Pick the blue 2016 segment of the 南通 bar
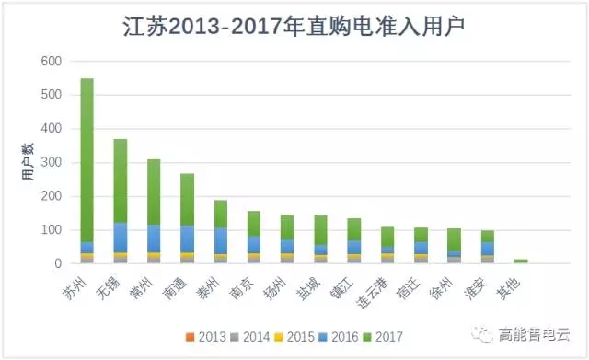pos(187,238)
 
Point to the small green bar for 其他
pos(521,261)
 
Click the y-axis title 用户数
pos(28,162)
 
